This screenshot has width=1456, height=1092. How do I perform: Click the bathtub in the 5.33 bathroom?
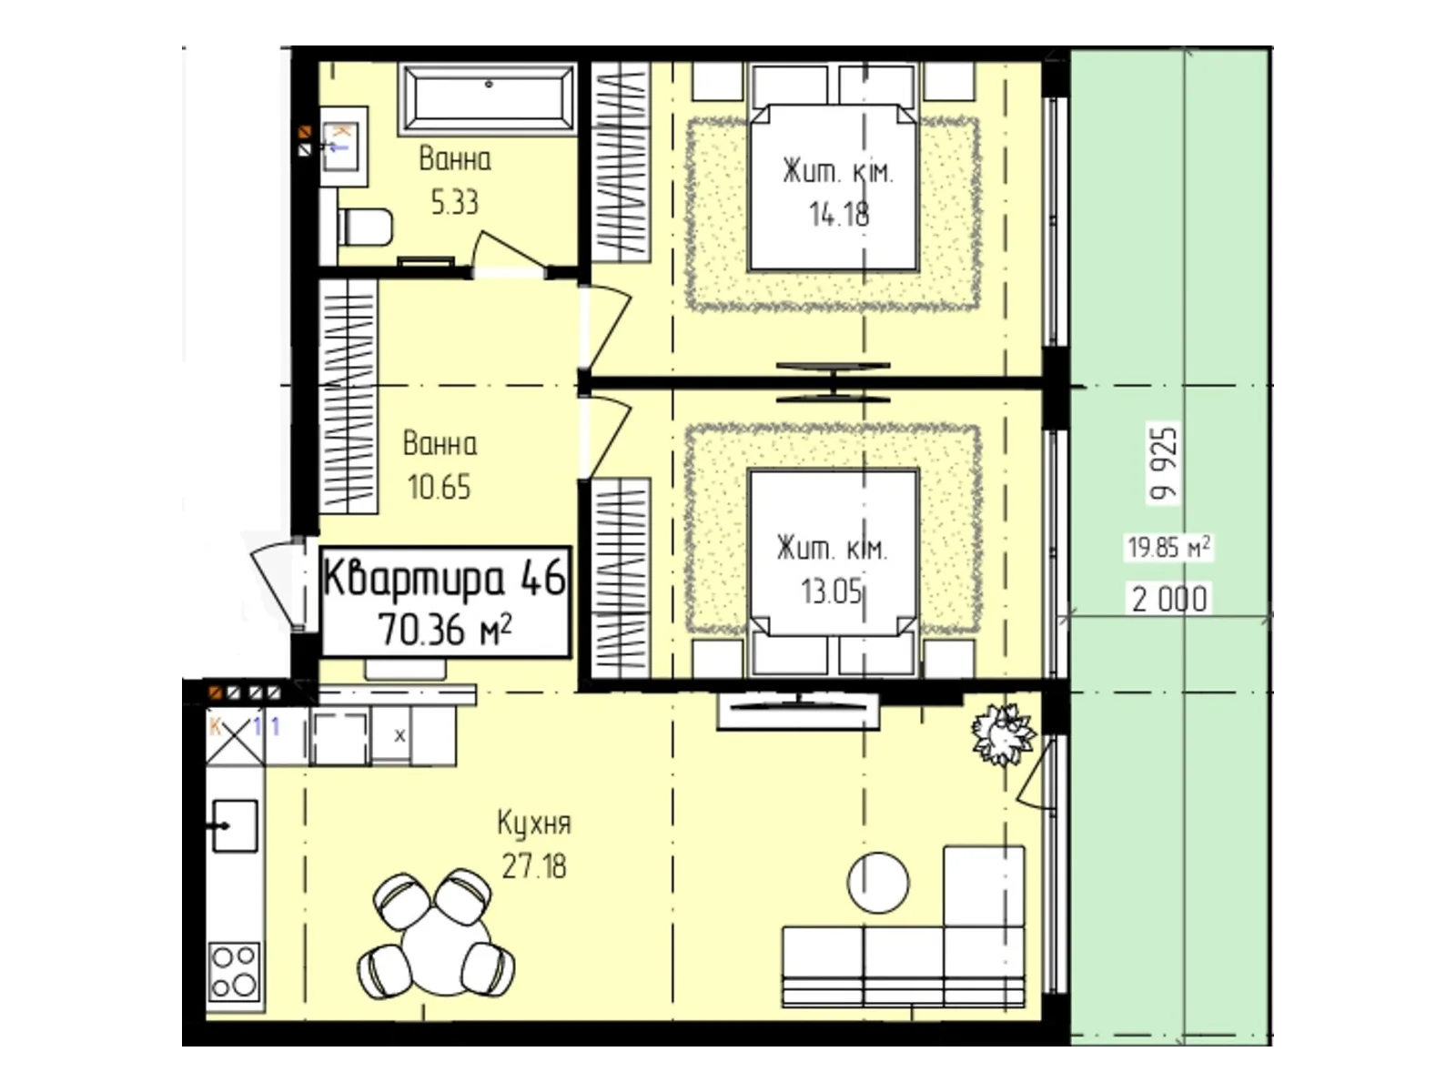(x=487, y=99)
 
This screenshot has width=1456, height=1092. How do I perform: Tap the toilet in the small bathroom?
(x=364, y=227)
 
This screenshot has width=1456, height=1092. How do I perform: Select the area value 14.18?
(x=838, y=215)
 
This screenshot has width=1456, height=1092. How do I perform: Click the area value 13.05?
(x=831, y=591)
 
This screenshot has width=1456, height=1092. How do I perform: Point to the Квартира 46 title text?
(x=444, y=577)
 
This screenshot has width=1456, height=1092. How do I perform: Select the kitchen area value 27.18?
(x=534, y=866)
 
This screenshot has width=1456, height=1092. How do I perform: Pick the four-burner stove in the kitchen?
(x=234, y=971)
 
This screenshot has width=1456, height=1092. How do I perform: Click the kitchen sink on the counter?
(x=234, y=825)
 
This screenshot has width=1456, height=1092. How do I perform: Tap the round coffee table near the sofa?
(x=878, y=883)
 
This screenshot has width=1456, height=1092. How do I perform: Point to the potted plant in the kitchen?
(x=1002, y=734)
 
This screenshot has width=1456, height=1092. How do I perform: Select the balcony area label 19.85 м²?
(x=1168, y=548)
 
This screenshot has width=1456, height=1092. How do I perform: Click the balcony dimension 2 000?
(x=1169, y=600)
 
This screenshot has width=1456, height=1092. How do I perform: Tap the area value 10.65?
(x=440, y=488)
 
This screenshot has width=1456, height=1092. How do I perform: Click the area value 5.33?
(x=454, y=202)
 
